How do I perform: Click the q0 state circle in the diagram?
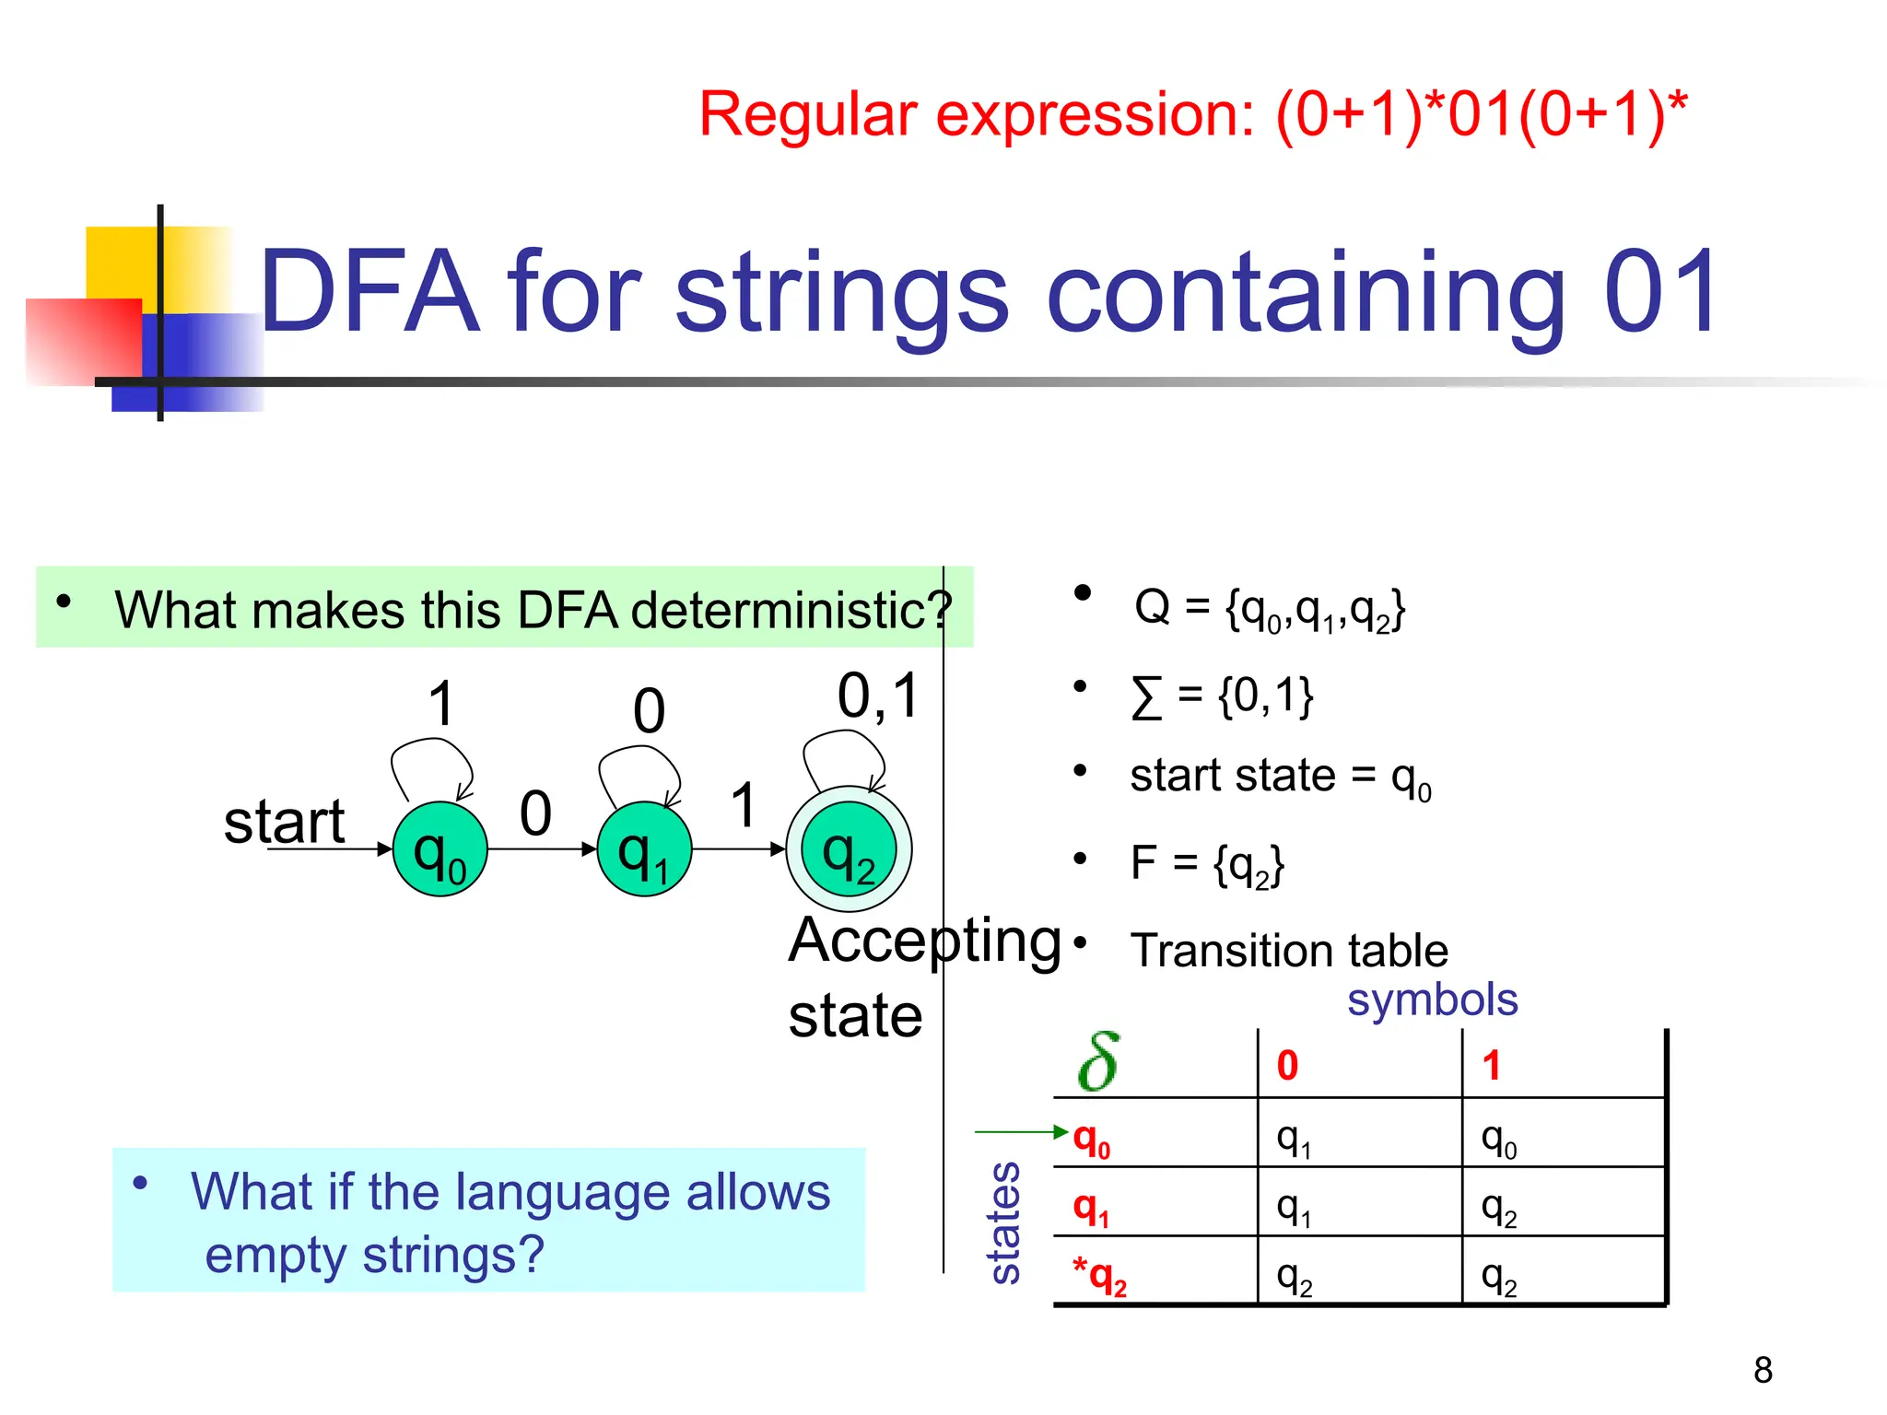coord(440,849)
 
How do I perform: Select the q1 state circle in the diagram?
coord(644,849)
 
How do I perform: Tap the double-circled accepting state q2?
coord(849,849)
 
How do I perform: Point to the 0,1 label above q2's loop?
coord(878,696)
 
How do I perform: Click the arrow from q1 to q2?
coord(737,849)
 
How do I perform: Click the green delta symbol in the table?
coord(1099,1062)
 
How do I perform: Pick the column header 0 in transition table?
coord(1287,1066)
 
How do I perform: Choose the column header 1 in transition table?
coord(1492,1066)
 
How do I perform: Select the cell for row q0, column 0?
coord(1294,1140)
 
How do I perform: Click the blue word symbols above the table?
coord(1432,1000)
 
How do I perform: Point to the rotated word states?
coord(1004,1222)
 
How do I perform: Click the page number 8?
coord(1763,1370)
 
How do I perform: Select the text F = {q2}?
coord(1207,864)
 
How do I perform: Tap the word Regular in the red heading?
coord(808,115)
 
